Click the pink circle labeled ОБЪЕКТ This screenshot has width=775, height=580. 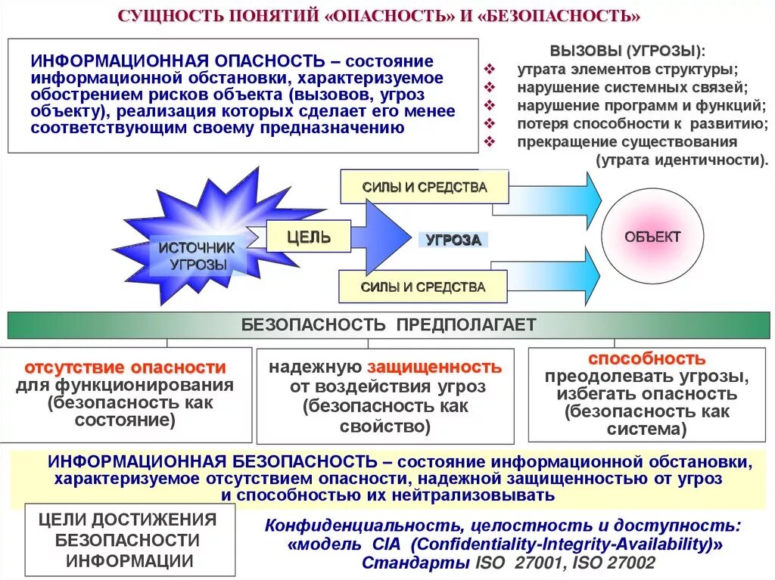pos(652,237)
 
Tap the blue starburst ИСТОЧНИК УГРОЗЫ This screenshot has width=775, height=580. pos(198,250)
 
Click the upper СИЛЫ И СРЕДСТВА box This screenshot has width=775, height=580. pos(423,188)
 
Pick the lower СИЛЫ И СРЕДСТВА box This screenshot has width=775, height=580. pos(423,287)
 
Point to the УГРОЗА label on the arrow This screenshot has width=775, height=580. pos(453,240)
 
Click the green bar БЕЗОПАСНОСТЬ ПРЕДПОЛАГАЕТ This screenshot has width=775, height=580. pos(388,325)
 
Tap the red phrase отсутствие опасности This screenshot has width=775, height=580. pos(126,368)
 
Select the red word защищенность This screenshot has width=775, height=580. pos(434,368)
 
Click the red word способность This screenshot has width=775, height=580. pos(646,358)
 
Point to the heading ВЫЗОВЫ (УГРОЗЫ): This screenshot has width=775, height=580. pos(626,51)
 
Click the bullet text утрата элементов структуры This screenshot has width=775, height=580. pos(627,70)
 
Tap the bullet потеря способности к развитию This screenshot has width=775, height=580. pos(643,123)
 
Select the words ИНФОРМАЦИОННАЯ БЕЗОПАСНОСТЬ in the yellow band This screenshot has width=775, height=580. pos(213,461)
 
